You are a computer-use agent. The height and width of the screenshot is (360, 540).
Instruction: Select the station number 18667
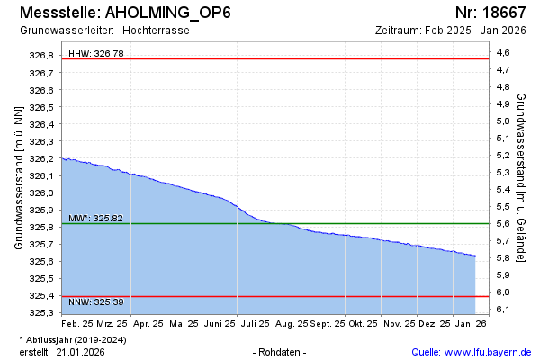490,13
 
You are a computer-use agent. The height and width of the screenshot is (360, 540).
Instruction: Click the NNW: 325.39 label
95,301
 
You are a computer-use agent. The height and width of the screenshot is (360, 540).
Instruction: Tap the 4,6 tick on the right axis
528,53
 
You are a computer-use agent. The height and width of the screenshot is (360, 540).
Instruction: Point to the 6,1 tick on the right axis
528,310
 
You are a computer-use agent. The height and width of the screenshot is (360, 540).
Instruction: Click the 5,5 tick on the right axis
528,207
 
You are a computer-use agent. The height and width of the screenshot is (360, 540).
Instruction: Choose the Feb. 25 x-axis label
77,322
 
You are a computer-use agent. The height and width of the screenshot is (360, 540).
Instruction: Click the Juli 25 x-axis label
256,322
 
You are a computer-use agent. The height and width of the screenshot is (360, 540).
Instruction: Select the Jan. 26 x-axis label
470,322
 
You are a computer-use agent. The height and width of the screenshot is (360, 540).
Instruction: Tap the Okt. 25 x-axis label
363,322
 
